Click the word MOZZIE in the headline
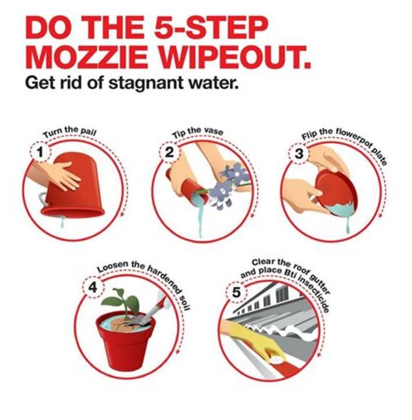coord(87,56)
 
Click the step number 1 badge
coord(40,152)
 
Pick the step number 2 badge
coord(170,153)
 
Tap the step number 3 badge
coord(299,154)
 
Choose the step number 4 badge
coord(93,288)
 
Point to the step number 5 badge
coord(236,292)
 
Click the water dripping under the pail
coord(62,222)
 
